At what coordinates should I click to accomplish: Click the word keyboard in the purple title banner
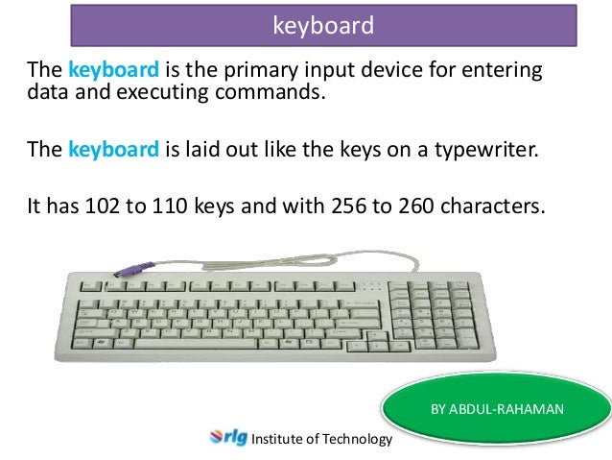[323, 25]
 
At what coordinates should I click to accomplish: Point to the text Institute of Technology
[321, 440]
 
